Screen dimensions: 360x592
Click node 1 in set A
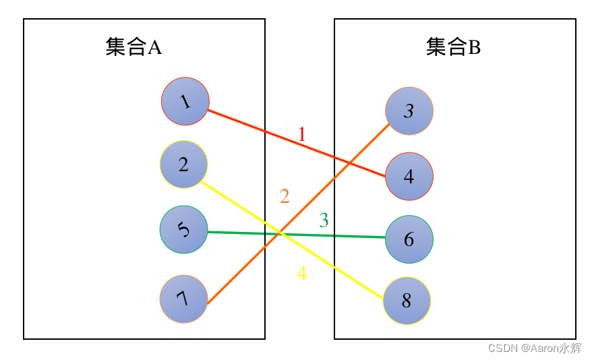point(185,101)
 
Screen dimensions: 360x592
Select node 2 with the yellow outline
point(183,164)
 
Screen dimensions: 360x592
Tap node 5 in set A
point(183,229)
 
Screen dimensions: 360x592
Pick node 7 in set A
point(183,299)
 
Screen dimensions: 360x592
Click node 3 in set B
point(409,111)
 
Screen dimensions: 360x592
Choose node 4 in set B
point(409,177)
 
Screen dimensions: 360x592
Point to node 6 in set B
point(409,239)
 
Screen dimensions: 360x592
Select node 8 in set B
point(407,301)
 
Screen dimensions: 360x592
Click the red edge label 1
point(301,135)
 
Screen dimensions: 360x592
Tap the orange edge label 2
point(285,196)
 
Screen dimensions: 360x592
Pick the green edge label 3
point(324,220)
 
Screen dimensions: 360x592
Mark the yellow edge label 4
point(301,273)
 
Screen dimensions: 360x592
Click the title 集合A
point(134,47)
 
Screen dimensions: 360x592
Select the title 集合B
point(454,47)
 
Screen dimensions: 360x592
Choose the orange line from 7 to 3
point(324,189)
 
